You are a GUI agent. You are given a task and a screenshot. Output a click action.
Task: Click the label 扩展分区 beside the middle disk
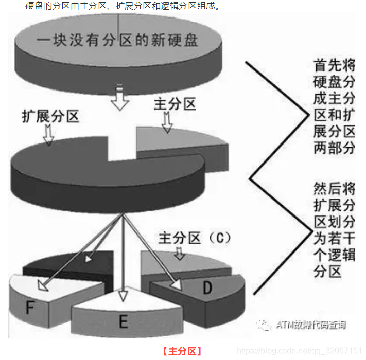(50, 116)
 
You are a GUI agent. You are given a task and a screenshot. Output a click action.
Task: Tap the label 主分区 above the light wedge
(175, 104)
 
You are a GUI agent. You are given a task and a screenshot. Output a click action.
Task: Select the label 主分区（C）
(195, 238)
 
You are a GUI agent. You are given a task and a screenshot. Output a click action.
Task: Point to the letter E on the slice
(123, 322)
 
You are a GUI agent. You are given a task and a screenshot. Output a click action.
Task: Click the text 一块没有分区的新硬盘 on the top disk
(117, 41)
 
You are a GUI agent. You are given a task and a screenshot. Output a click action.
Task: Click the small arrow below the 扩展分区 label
(48, 135)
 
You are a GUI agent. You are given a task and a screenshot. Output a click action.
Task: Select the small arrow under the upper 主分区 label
(167, 123)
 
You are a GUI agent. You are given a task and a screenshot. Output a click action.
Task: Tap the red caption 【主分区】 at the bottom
(182, 352)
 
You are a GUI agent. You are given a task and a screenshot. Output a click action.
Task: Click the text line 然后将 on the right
(334, 188)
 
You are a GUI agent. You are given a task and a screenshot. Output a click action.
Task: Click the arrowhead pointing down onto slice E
(123, 296)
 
